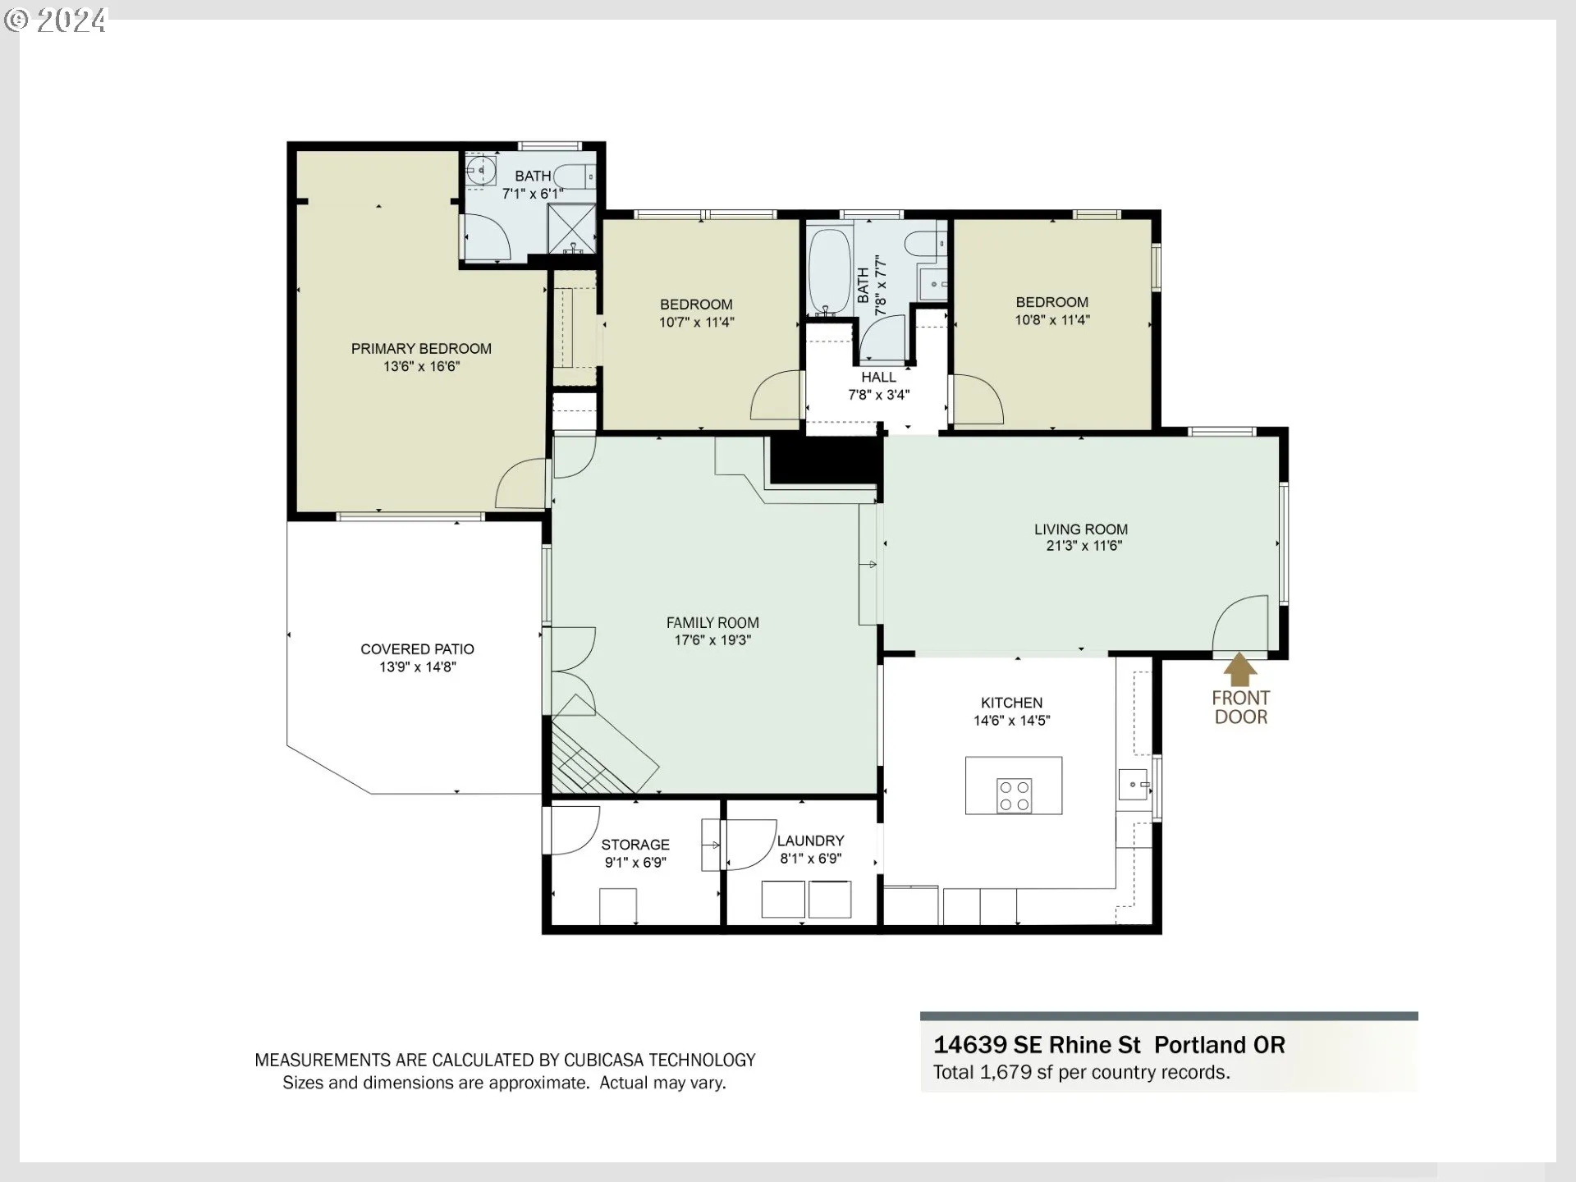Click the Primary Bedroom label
point(421,349)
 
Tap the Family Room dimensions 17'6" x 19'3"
point(712,640)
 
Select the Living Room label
point(1081,529)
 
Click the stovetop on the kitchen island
point(1014,795)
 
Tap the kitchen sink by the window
point(1134,785)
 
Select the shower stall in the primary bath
point(571,228)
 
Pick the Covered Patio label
point(417,649)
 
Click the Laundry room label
point(811,841)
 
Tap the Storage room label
point(635,845)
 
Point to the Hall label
point(878,378)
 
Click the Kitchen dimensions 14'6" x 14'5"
point(1012,721)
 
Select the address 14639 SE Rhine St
point(1037,1045)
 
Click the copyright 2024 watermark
point(56,21)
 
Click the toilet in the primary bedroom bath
point(574,176)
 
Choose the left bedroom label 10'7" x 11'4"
point(696,323)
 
